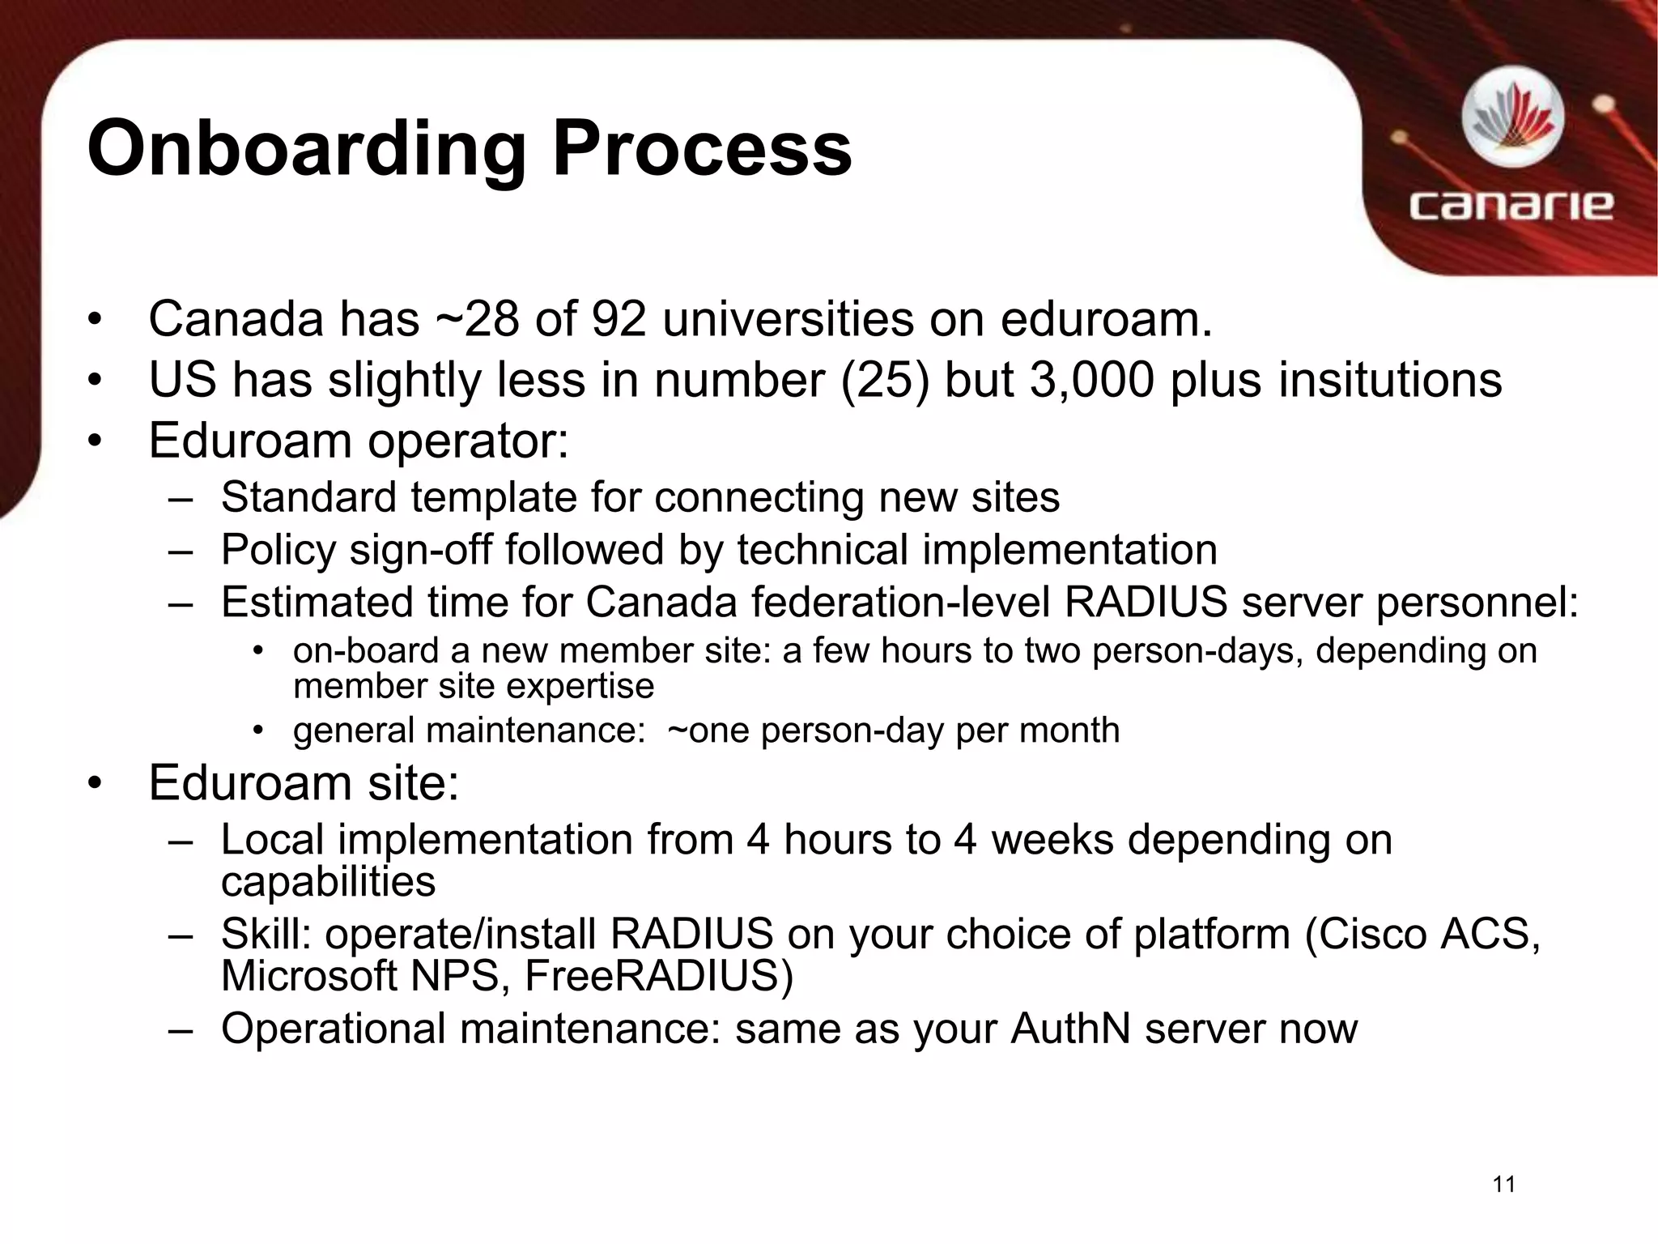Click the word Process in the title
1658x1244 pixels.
tap(701, 150)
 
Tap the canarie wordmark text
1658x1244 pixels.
tap(1511, 206)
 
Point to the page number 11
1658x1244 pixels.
tap(1503, 1185)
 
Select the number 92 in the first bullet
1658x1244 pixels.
tap(619, 319)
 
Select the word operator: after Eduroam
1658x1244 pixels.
tap(468, 441)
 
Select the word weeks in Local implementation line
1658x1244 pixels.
tap(1052, 840)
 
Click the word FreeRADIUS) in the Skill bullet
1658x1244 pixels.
tap(659, 975)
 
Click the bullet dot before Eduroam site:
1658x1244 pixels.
tap(96, 784)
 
